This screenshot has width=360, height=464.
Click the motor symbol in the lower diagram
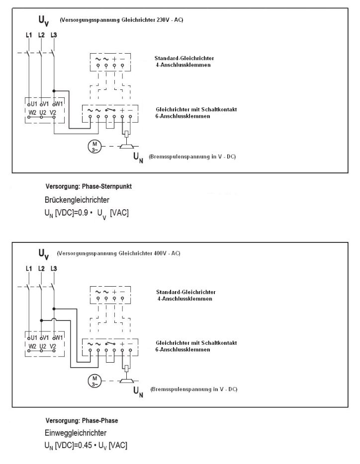pos(93,382)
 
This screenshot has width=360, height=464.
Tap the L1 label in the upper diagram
pos(29,35)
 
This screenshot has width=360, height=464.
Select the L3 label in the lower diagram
pos(54,269)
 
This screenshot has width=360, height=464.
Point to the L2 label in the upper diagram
pos(41,35)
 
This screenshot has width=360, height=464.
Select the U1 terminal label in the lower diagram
pos(33,337)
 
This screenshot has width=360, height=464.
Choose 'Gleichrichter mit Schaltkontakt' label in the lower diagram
pos(196,343)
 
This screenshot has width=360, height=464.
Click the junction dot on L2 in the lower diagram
pos(42,320)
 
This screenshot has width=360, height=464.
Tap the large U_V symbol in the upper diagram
pos(44,20)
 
